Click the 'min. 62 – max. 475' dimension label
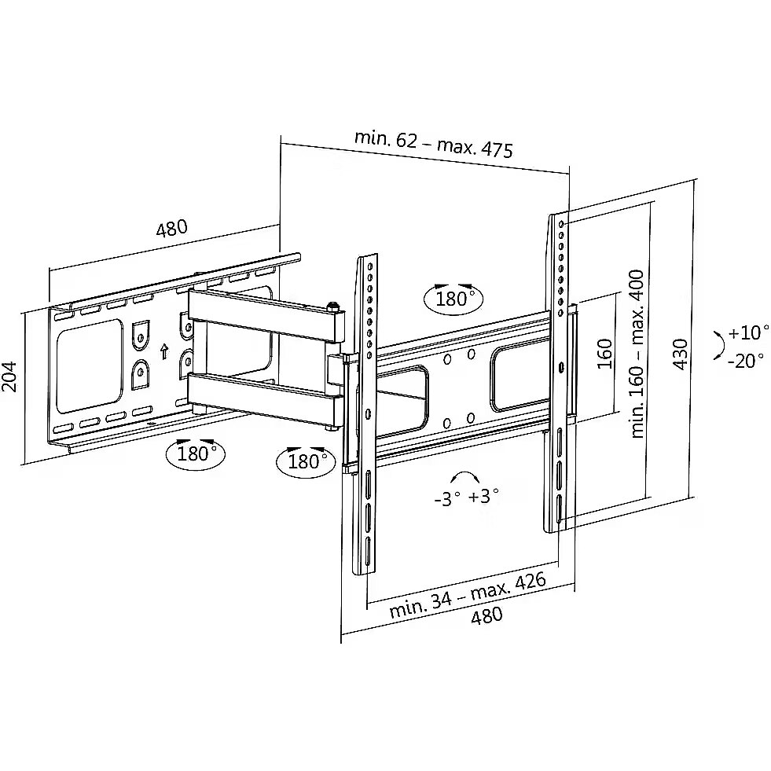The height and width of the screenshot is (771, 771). (x=433, y=144)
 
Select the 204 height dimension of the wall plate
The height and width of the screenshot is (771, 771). (x=10, y=376)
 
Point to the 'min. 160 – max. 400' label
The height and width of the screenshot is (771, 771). (x=637, y=354)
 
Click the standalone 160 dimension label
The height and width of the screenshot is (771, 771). (x=605, y=354)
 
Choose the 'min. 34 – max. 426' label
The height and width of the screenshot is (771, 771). (x=468, y=594)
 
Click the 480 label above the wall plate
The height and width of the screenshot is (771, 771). (x=172, y=228)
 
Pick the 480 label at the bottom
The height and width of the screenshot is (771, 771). (x=486, y=615)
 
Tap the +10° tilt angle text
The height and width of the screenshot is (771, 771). (x=747, y=332)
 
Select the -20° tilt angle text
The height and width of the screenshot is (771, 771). (x=745, y=361)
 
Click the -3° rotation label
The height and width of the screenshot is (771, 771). (x=448, y=499)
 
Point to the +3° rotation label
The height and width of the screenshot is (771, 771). (x=483, y=496)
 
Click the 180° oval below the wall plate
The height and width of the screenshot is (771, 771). (x=195, y=453)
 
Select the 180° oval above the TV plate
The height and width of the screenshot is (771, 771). (x=453, y=298)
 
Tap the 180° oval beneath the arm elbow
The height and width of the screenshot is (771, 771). (x=306, y=461)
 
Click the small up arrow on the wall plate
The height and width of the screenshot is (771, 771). (x=164, y=351)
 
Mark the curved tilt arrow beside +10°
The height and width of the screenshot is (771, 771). (x=718, y=346)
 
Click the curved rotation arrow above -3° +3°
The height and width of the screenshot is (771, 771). (x=465, y=477)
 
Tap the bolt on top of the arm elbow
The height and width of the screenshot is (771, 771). (x=334, y=307)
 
